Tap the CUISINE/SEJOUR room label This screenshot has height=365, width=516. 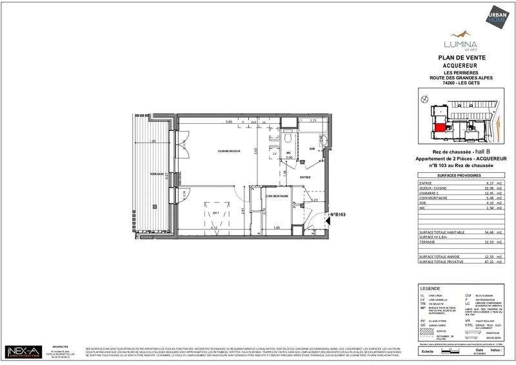tap(229, 151)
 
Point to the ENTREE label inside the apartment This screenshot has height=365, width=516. tap(305, 177)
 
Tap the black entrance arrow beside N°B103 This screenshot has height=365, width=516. tap(326, 215)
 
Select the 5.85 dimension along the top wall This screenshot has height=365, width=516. tap(228, 121)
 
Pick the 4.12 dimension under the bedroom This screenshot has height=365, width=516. tap(213, 228)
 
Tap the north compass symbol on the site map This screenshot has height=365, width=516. tap(424, 100)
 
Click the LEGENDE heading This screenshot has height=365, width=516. tap(431, 290)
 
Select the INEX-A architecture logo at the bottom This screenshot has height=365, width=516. tap(23, 351)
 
